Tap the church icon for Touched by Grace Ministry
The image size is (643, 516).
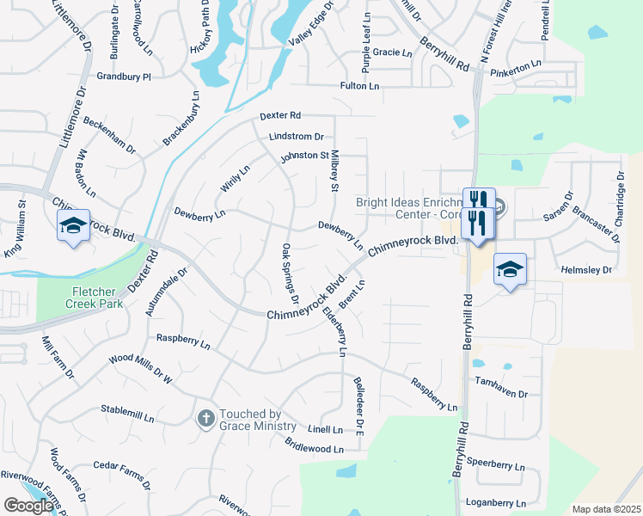205,418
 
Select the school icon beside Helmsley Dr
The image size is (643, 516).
510,268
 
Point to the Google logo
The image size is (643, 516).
28,506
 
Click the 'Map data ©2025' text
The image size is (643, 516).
606,509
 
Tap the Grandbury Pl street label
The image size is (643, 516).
124,77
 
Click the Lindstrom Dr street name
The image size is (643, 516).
296,136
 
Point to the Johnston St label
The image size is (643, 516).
304,157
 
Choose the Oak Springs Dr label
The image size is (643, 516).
290,274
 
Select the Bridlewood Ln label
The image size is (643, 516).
314,445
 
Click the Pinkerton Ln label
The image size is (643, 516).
516,64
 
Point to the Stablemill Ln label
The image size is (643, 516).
127,413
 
